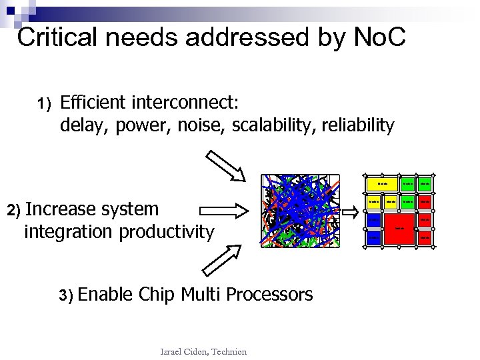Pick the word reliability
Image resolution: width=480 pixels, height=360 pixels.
[360, 125]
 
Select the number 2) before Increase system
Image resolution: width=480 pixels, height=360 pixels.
[14, 210]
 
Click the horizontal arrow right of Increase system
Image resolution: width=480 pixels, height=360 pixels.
[224, 211]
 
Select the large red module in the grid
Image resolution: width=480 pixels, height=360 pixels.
[399, 228]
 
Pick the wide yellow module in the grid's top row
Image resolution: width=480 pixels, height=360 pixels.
[383, 183]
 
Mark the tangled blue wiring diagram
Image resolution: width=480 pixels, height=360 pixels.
[301, 211]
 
